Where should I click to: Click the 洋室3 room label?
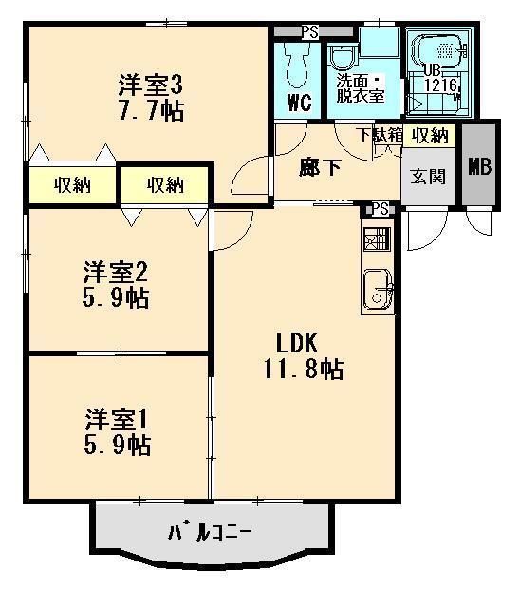point(150,85)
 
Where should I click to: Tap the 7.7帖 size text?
point(151,110)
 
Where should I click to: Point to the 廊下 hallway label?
point(321,167)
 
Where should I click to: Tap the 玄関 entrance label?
point(427,176)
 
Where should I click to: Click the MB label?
point(479,167)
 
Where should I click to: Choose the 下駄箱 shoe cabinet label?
point(380,135)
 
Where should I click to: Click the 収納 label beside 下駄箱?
point(429,135)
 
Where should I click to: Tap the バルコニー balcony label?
point(211,532)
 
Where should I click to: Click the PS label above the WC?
point(309,31)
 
